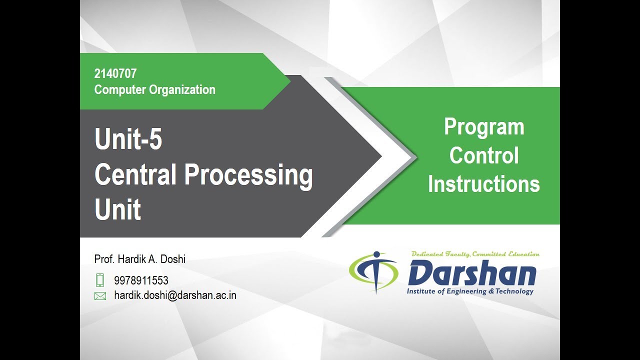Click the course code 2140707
tap(115, 74)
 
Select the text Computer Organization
tap(154, 90)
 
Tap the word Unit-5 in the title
tap(128, 139)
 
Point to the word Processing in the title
tap(248, 176)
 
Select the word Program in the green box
tap(484, 127)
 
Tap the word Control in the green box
tap(484, 155)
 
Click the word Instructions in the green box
tap(484, 184)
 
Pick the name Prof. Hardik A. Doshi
tap(139, 259)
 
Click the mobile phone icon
tap(100, 280)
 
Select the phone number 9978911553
tap(141, 280)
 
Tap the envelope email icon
tap(100, 296)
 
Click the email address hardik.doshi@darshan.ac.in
tap(175, 295)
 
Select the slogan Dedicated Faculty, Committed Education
tap(475, 254)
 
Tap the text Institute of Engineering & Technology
tap(470, 291)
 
